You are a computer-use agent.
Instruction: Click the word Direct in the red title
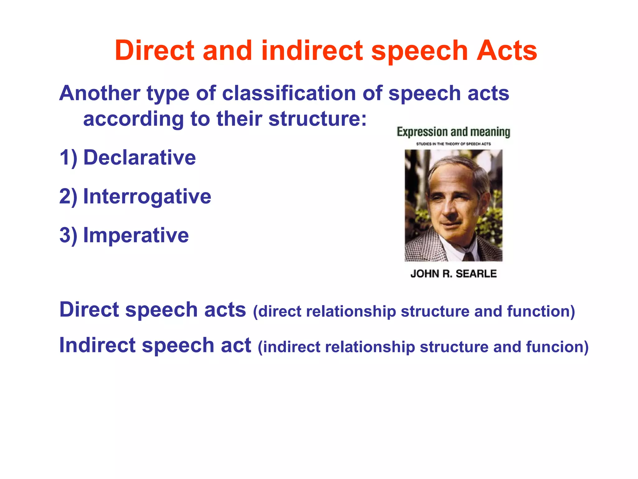155,51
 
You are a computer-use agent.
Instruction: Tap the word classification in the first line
289,93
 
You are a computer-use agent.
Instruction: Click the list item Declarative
140,157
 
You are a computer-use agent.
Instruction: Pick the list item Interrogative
147,196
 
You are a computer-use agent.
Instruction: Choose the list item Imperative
136,235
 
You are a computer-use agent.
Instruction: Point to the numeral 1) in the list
68,157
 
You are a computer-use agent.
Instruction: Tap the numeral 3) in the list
68,235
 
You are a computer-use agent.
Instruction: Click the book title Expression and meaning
453,132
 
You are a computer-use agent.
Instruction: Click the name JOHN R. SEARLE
453,274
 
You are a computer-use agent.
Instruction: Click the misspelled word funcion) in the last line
557,347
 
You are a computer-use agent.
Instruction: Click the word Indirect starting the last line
97,346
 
